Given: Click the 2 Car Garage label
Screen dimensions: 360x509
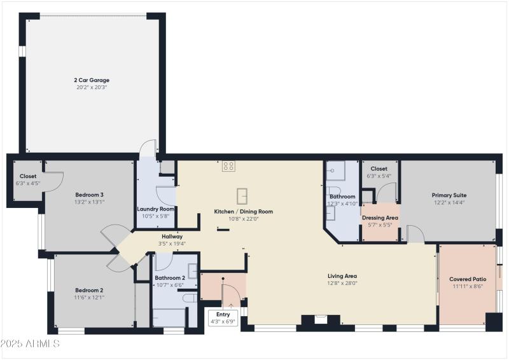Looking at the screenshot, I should pyautogui.click(x=92, y=80).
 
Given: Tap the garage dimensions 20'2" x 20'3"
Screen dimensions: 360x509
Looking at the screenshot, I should pyautogui.click(x=92, y=87).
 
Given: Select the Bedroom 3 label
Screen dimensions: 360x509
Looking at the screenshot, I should pyautogui.click(x=90, y=195).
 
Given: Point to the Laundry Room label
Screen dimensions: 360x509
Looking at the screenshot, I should pyautogui.click(x=156, y=209).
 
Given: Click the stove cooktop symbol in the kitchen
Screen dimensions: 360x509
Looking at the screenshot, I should pyautogui.click(x=228, y=166).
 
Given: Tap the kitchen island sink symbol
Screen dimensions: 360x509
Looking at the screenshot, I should pyautogui.click(x=242, y=195).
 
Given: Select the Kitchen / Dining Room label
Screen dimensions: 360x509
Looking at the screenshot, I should pyautogui.click(x=243, y=211).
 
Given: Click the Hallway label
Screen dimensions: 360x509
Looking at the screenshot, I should pyautogui.click(x=172, y=236).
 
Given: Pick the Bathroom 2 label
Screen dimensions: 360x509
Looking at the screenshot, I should pyautogui.click(x=170, y=278).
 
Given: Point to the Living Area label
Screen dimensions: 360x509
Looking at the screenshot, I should pyautogui.click(x=342, y=276).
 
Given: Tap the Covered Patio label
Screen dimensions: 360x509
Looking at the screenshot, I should pyautogui.click(x=468, y=279).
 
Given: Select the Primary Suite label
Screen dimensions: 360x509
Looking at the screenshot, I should pyautogui.click(x=449, y=195).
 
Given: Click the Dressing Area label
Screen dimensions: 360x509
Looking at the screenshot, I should pyautogui.click(x=380, y=218).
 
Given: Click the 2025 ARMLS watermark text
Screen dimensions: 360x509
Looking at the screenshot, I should pyautogui.click(x=31, y=343).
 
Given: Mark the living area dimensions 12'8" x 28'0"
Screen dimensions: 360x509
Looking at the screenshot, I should pyautogui.click(x=342, y=283).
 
